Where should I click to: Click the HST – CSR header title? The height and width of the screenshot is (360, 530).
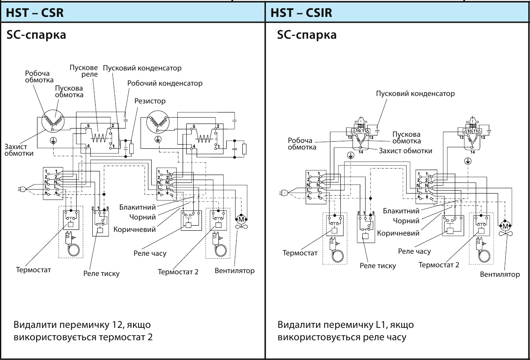[35, 12]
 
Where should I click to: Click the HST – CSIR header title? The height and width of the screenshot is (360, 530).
[301, 12]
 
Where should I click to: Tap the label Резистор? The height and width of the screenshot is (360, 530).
[150, 101]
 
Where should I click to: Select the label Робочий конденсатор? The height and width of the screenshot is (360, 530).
[165, 83]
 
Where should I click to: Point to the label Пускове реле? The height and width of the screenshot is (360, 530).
[84, 71]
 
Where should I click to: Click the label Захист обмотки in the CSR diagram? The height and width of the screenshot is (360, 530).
[19, 150]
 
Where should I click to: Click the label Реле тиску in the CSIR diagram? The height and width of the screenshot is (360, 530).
[378, 266]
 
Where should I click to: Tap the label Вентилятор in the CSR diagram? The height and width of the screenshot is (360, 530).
[235, 271]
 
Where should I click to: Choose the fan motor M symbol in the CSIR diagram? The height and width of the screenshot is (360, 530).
[505, 226]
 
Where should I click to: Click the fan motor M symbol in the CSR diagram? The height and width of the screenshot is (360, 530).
[241, 220]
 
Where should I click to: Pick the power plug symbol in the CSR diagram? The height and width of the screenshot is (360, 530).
[22, 189]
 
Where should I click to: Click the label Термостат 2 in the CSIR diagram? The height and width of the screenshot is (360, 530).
[439, 265]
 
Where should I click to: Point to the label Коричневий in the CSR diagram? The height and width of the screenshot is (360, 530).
[135, 229]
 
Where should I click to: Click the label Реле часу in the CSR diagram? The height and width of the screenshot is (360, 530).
[150, 254]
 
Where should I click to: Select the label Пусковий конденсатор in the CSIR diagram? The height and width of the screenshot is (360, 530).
[415, 94]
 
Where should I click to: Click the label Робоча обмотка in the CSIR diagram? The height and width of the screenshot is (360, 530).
[302, 144]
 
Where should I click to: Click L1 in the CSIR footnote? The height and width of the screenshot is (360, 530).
[382, 325]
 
